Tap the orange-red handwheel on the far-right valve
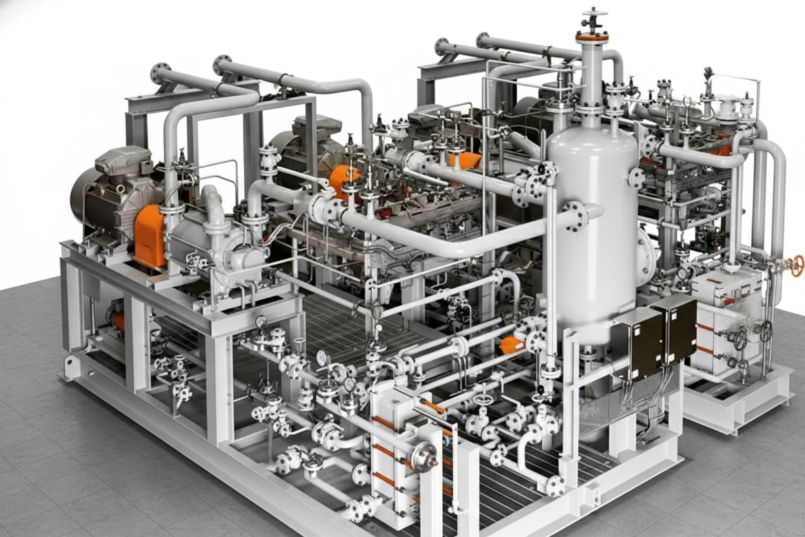pyautogui.click(x=798, y=265)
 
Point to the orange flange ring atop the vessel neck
pyautogui.click(x=591, y=37)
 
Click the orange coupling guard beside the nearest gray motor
pyautogui.click(x=150, y=235)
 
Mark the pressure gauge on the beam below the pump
pyautogui.click(x=261, y=321)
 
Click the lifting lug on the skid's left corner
pyautogui.click(x=71, y=368)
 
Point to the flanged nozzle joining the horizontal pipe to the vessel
pyautogui.click(x=575, y=216)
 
